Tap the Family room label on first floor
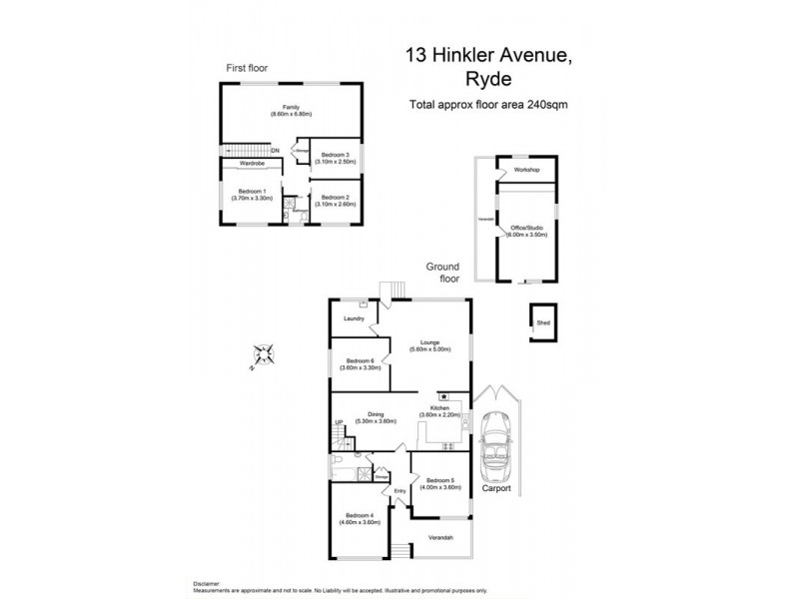pyautogui.click(x=291, y=111)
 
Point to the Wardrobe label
pyautogui.click(x=250, y=162)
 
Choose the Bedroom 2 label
pyautogui.click(x=335, y=200)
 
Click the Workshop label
pyautogui.click(x=526, y=171)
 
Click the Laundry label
pyautogui.click(x=353, y=319)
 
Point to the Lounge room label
pyautogui.click(x=430, y=345)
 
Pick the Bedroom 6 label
pyautogui.click(x=360, y=364)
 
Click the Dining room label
pyautogui.click(x=376, y=417)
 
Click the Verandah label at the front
pyautogui.click(x=440, y=539)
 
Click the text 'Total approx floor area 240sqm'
pyautogui.click(x=488, y=106)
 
